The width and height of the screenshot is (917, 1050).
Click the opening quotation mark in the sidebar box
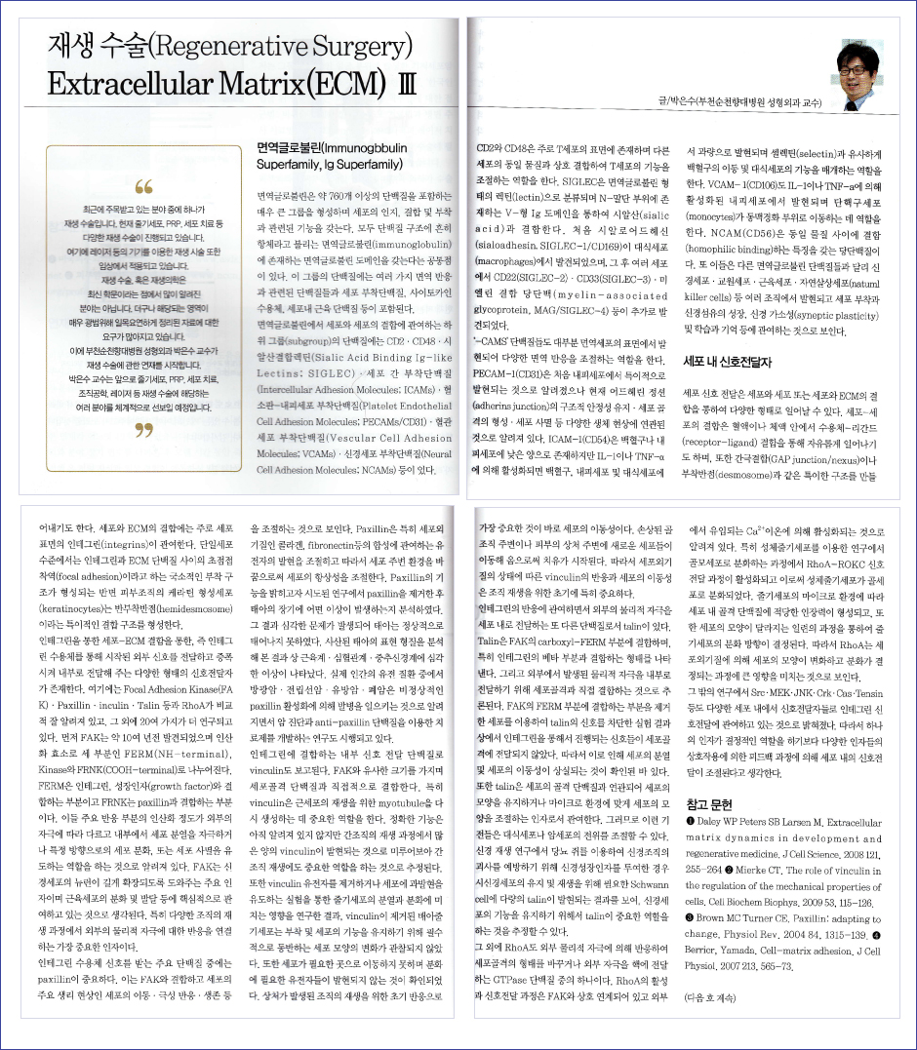145,186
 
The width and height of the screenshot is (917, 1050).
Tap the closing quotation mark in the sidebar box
145,429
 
